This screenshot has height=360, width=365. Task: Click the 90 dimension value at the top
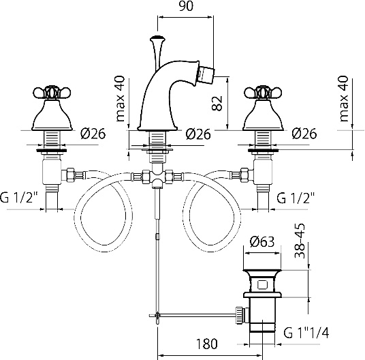pos(186,6)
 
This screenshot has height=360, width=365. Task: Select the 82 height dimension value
pos(217,103)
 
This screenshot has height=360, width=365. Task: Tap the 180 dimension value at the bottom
pos(207,344)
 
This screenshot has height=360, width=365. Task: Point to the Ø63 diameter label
pos(262,241)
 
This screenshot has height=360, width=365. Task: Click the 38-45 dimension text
pos(300,241)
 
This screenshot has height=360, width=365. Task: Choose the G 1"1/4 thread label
pos(306,333)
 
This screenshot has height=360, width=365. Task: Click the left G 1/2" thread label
pos(19,197)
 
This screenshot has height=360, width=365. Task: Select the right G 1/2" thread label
pos(296,198)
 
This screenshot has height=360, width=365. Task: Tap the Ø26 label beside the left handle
pos(93,134)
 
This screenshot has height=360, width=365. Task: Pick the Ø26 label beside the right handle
pos(304,134)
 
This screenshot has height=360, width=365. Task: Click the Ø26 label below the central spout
pos(198,134)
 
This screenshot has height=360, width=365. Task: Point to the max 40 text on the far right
pos(344,99)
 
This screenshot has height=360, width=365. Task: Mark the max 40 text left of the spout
pos(121,99)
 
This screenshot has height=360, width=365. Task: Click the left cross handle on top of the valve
pos(52,93)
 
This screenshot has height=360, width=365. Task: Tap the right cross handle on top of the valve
pos(263,93)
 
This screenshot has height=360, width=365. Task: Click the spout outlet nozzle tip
pos(207,72)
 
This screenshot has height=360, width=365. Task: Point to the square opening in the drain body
pos(262,284)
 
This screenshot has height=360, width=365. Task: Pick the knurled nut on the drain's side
pos(239,315)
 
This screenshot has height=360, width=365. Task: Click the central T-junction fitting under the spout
pos(157,177)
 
